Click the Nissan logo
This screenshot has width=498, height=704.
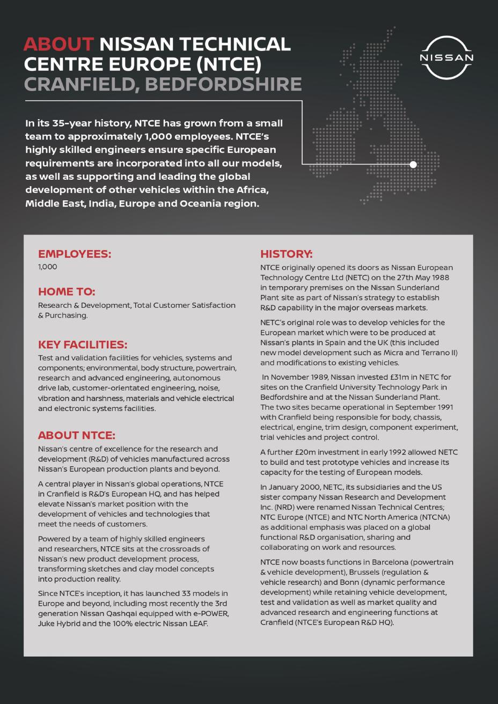446,58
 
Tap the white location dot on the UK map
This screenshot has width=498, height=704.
413,165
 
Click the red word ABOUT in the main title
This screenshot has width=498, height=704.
58,44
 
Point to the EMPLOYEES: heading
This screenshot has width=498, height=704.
75,254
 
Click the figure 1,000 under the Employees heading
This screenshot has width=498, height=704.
47,267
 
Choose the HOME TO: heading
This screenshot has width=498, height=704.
67,292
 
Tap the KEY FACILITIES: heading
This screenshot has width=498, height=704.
83,344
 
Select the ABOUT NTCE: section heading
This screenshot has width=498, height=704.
77,435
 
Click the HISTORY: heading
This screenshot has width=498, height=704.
287,254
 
